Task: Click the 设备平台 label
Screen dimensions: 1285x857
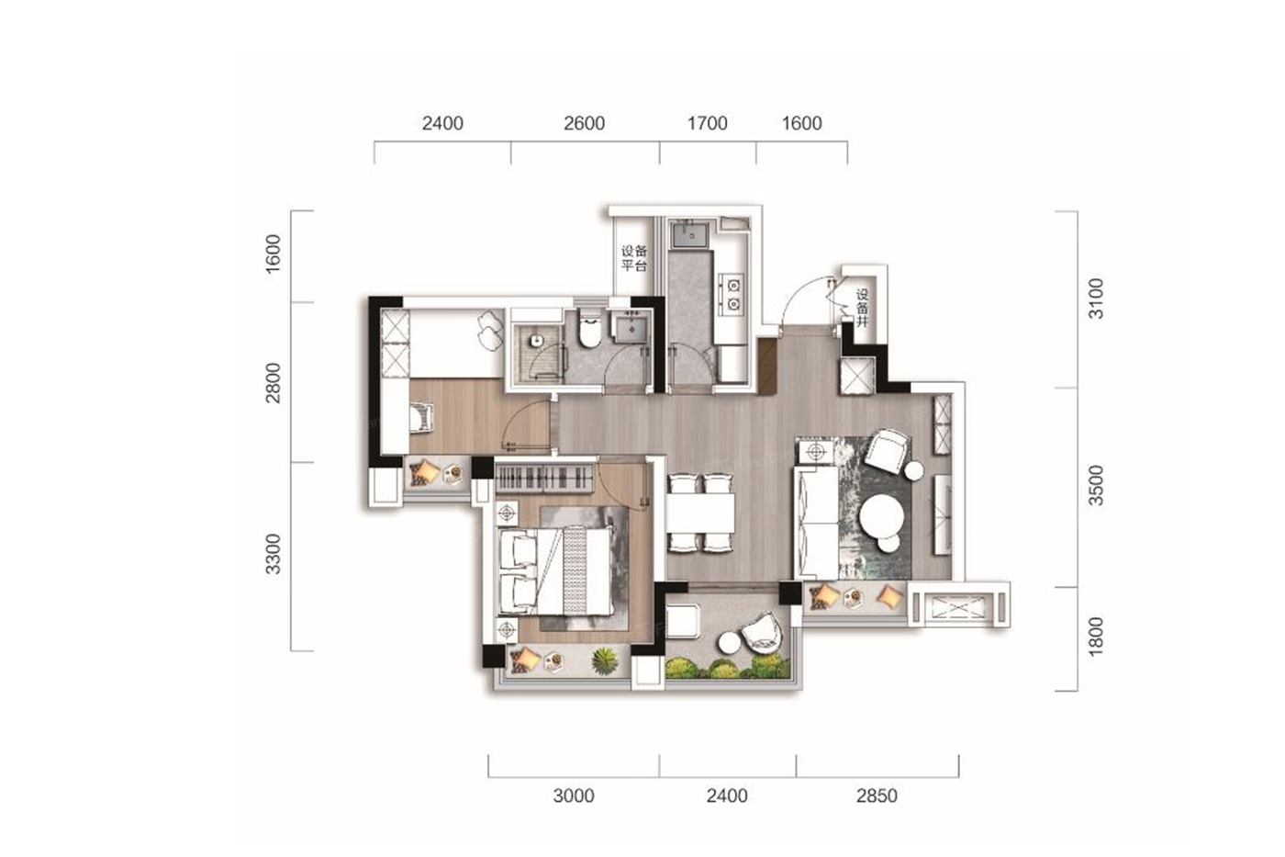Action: coord(634,258)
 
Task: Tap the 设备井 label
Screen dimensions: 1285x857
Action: coord(862,309)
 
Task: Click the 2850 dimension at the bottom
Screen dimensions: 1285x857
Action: coord(877,796)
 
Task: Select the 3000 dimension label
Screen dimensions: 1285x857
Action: coord(574,796)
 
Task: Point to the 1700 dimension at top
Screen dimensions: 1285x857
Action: coord(708,123)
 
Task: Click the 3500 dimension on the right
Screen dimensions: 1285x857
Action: coord(1096,485)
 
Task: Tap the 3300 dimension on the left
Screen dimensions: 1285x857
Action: coord(274,554)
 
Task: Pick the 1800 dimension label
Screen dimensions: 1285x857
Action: coord(1096,637)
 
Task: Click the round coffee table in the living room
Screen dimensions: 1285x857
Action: coord(882,515)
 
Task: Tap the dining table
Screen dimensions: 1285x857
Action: coord(700,513)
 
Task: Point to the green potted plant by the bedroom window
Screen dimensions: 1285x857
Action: coord(605,660)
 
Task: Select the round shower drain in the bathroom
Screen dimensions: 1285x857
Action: coord(536,341)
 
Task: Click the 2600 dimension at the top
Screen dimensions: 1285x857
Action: coord(584,123)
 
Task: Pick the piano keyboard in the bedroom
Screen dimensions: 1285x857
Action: coord(543,478)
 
